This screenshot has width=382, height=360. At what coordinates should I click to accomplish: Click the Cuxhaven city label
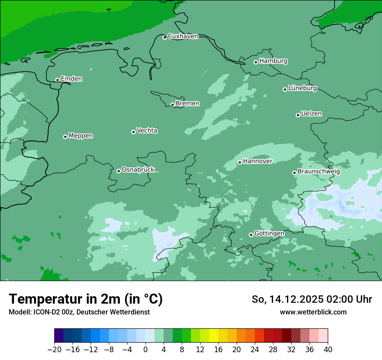[x=183, y=36]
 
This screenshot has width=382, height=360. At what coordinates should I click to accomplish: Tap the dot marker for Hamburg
[x=256, y=62]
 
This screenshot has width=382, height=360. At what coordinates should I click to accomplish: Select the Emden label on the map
[x=71, y=79]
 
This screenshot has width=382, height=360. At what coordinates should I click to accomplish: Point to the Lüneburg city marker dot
[x=285, y=89]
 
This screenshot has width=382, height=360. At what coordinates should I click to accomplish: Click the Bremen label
[x=188, y=104]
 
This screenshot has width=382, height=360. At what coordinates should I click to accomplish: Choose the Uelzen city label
[x=311, y=114]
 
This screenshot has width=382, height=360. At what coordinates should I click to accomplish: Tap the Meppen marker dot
[x=65, y=137]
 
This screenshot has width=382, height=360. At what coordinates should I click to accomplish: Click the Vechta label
[x=147, y=131]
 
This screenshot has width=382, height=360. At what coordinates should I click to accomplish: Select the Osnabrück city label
[x=138, y=170]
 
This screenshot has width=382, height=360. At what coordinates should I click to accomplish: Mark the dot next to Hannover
[x=240, y=162]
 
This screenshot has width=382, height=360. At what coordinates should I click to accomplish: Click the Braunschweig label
[x=319, y=172]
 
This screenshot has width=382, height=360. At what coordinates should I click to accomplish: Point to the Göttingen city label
[x=269, y=234]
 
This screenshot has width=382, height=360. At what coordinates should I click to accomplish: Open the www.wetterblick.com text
[x=313, y=312]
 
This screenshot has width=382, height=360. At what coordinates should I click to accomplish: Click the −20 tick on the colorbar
[x=54, y=350]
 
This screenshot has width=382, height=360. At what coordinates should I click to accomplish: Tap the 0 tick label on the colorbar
[x=145, y=350]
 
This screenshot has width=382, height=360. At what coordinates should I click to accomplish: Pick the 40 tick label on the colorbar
[x=328, y=350]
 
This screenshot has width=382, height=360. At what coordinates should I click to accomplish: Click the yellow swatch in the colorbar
[x=214, y=336]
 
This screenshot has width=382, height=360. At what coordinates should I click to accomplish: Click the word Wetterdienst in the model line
[x=132, y=312]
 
